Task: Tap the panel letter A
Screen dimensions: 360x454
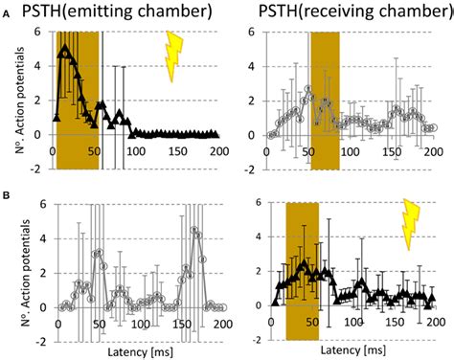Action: (x=9, y=29)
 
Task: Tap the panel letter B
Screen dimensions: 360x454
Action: (x=9, y=196)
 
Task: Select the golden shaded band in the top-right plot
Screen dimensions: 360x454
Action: (x=325, y=101)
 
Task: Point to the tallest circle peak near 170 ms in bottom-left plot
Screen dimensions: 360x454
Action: (x=194, y=230)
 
